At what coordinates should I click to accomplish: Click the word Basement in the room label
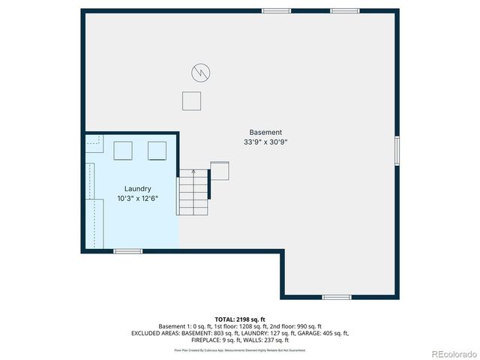pyautogui.click(x=266, y=133)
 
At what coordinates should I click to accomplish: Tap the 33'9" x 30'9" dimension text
pyautogui.click(x=266, y=142)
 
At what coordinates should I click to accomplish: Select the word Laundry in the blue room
pyautogui.click(x=138, y=189)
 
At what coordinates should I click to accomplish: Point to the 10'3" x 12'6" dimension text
pyautogui.click(x=138, y=199)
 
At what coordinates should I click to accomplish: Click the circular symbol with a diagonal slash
pyautogui.click(x=200, y=73)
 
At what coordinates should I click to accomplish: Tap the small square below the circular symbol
pyautogui.click(x=192, y=100)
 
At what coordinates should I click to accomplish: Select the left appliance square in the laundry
pyautogui.click(x=122, y=151)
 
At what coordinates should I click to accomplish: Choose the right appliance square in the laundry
pyautogui.click(x=157, y=151)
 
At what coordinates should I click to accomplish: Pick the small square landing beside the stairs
pyautogui.click(x=220, y=170)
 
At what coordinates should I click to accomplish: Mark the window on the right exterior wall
pyautogui.click(x=397, y=148)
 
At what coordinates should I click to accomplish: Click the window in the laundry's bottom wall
pyautogui.click(x=127, y=251)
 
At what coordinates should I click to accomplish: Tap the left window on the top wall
pyautogui.click(x=276, y=10)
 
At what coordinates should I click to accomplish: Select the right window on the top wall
pyautogui.click(x=345, y=10)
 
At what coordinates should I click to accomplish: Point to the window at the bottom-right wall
pyautogui.click(x=337, y=297)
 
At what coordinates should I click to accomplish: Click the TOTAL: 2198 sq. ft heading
pyautogui.click(x=240, y=319)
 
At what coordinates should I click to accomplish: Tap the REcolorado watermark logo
pyautogui.click(x=451, y=352)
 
